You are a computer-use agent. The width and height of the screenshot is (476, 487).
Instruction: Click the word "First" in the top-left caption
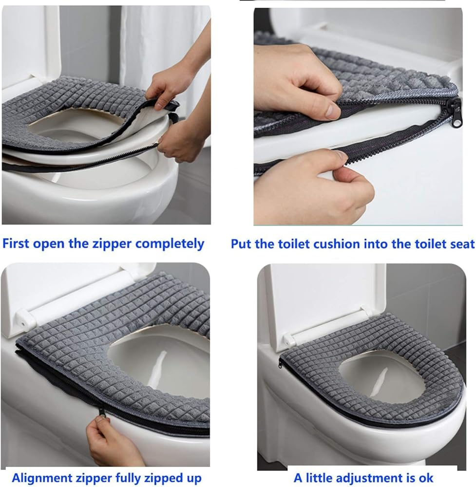tap(16, 243)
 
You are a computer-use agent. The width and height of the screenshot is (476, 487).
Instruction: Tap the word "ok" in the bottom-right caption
tap(425, 478)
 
